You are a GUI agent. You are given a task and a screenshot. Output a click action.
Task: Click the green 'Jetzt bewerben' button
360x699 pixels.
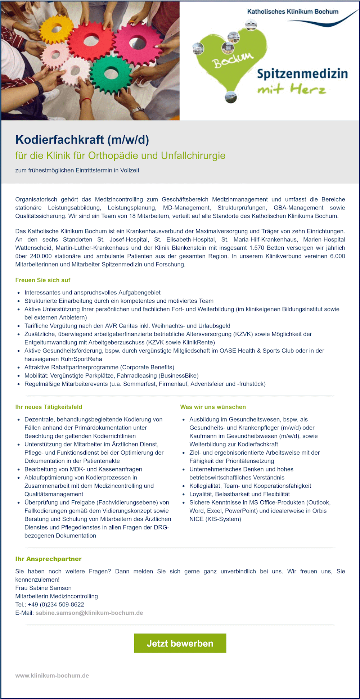click(180, 643)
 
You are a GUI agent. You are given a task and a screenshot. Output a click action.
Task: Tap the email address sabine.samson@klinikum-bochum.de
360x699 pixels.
click(89, 613)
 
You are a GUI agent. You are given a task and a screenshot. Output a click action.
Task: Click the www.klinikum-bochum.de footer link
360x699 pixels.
click(52, 676)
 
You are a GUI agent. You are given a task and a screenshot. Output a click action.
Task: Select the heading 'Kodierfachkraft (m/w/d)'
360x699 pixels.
click(82, 140)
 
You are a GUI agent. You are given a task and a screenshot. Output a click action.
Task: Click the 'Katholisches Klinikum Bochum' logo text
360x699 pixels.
click(292, 12)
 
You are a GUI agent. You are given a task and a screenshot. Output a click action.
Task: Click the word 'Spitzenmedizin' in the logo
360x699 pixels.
click(302, 74)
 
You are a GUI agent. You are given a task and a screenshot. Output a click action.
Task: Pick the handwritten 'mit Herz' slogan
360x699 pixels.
click(292, 89)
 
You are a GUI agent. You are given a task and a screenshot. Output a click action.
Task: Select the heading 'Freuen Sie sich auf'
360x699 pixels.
click(42, 280)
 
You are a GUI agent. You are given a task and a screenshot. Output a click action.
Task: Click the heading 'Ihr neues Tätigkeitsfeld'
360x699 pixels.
click(49, 407)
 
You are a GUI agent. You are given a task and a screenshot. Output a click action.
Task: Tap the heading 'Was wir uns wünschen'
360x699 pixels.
click(213, 407)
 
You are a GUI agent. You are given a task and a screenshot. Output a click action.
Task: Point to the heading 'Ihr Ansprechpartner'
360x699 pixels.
click(48, 559)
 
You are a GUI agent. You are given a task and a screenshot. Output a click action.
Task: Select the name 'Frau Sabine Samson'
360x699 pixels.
click(43, 588)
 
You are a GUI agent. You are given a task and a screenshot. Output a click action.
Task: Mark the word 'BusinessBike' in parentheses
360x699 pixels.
click(179, 376)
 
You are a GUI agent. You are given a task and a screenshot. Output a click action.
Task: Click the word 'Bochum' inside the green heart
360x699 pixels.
click(233, 60)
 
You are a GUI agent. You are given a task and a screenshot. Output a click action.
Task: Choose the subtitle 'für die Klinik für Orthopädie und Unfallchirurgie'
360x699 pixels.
click(120, 155)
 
